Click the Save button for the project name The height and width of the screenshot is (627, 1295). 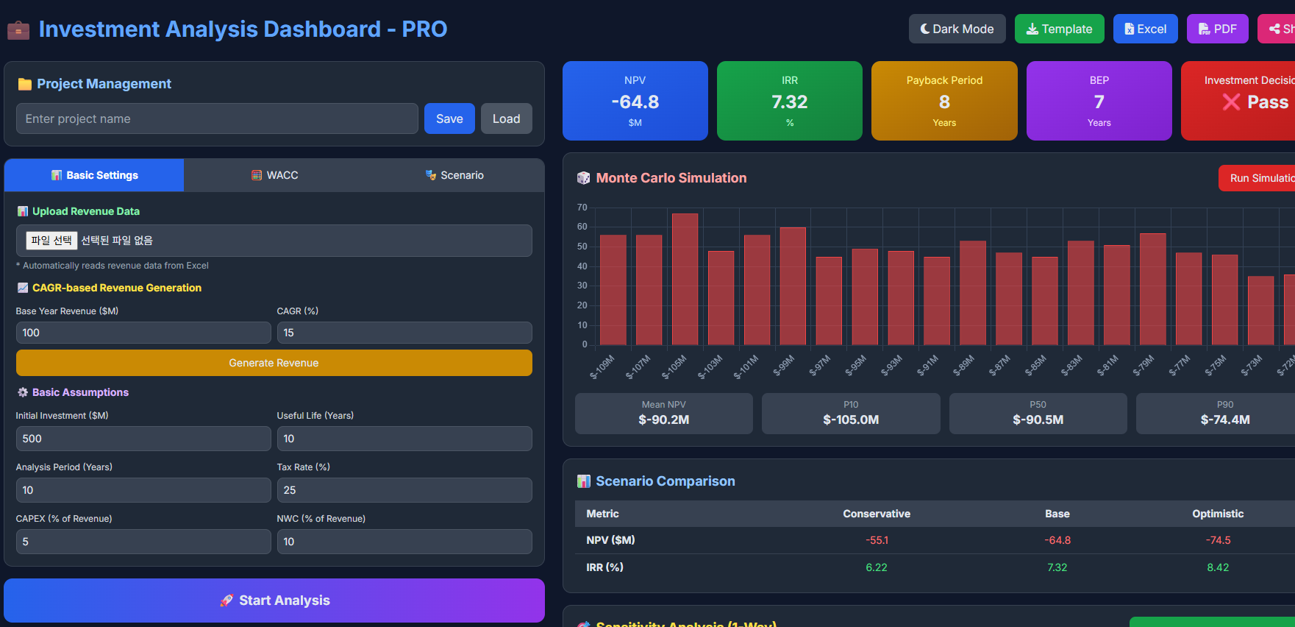(449, 118)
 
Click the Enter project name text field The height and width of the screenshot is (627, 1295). (217, 118)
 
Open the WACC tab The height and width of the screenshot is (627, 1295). (275, 175)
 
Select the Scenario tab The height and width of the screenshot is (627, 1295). (454, 175)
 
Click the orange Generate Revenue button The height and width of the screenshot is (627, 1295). (274, 363)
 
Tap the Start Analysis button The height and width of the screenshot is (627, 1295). (274, 601)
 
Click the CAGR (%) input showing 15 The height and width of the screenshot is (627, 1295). (404, 333)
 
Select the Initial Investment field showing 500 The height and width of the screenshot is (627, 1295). (143, 439)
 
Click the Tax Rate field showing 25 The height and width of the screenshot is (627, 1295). (404, 490)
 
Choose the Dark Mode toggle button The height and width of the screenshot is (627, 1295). (957, 29)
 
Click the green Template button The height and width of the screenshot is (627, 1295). (1059, 29)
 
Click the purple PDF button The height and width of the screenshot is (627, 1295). (1217, 29)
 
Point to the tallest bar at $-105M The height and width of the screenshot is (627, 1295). (685, 280)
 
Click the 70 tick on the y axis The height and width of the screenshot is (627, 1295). (582, 208)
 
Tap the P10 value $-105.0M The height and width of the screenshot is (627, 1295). (851, 419)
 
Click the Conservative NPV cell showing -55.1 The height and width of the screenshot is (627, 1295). (877, 540)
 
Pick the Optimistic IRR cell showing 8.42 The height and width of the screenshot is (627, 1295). (1218, 567)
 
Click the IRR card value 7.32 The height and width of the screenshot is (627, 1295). (789, 102)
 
